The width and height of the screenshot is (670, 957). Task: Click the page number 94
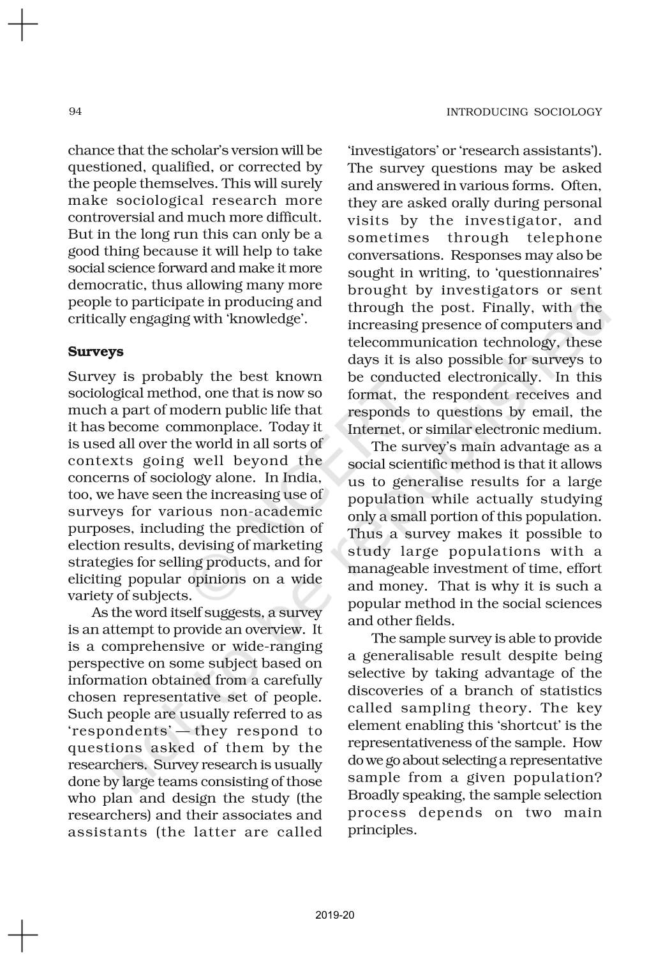(x=75, y=112)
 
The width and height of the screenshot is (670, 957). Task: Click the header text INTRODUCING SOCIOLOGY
(x=524, y=112)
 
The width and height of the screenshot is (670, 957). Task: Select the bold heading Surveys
(x=96, y=352)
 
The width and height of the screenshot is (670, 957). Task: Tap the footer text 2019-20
(x=334, y=916)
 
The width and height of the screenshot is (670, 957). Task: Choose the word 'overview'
(x=266, y=630)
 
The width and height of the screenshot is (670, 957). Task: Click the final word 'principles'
(x=381, y=830)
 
